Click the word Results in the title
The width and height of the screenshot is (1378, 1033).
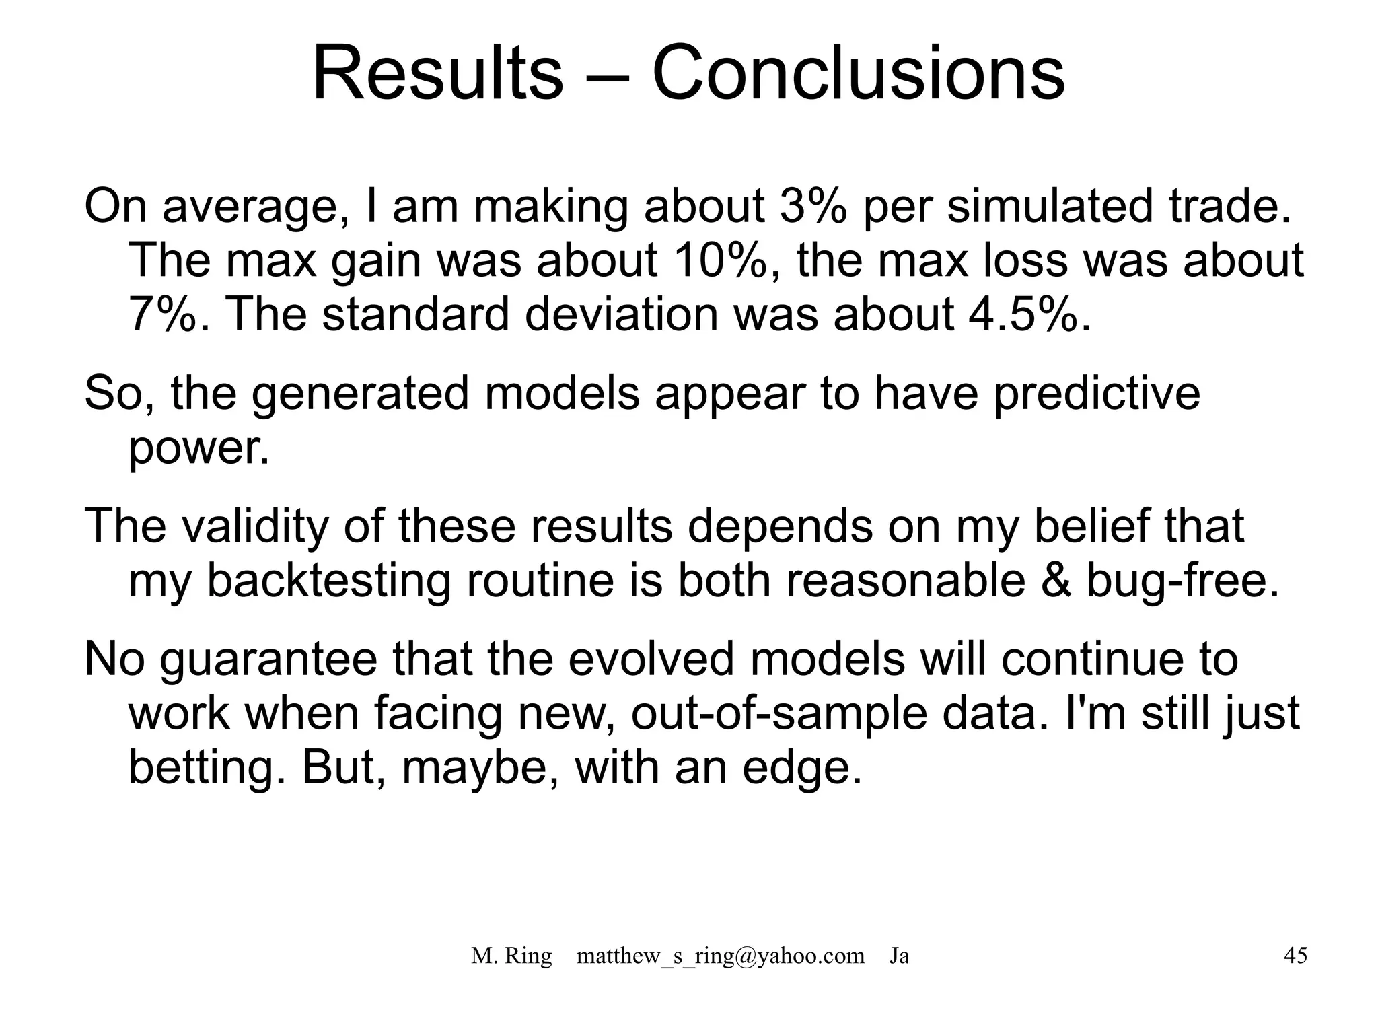(x=437, y=73)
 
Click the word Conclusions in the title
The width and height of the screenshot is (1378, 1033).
(x=858, y=73)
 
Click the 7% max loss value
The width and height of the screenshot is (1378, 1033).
(x=161, y=314)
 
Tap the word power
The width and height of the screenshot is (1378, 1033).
(x=198, y=450)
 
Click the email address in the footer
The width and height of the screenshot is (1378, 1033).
(x=720, y=956)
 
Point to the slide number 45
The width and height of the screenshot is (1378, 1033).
(x=1295, y=956)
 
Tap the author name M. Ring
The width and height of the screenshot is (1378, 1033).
(x=511, y=956)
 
